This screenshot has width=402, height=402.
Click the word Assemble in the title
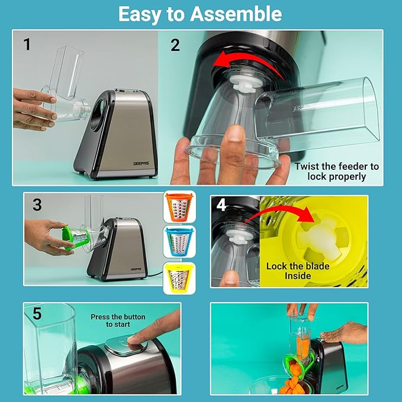tap(236, 14)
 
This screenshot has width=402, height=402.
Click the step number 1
tap(27, 44)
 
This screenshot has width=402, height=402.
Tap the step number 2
tap(175, 45)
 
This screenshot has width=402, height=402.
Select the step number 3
tap(37, 205)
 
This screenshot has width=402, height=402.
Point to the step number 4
tap(221, 205)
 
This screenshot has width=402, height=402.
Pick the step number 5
tap(37, 313)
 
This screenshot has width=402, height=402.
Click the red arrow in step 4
tap(279, 213)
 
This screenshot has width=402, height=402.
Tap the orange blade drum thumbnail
tap(179, 207)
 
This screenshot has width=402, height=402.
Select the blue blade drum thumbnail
tap(179, 242)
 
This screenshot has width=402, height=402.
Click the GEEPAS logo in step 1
tap(141, 163)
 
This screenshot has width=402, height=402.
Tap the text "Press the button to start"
tap(118, 320)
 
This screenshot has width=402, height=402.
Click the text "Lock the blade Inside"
tap(298, 271)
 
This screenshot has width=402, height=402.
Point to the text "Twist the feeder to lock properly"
tap(337, 171)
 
